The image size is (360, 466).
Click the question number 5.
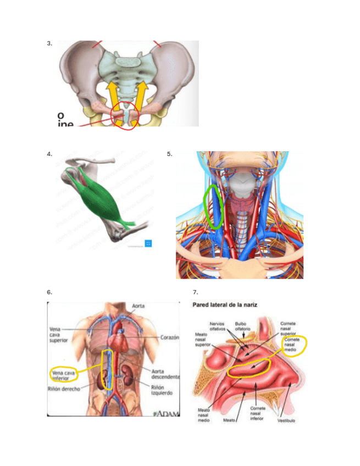(x=170, y=154)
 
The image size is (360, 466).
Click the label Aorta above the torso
(x=138, y=306)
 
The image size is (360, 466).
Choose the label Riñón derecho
(x=64, y=389)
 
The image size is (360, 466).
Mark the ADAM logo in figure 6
(x=167, y=413)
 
